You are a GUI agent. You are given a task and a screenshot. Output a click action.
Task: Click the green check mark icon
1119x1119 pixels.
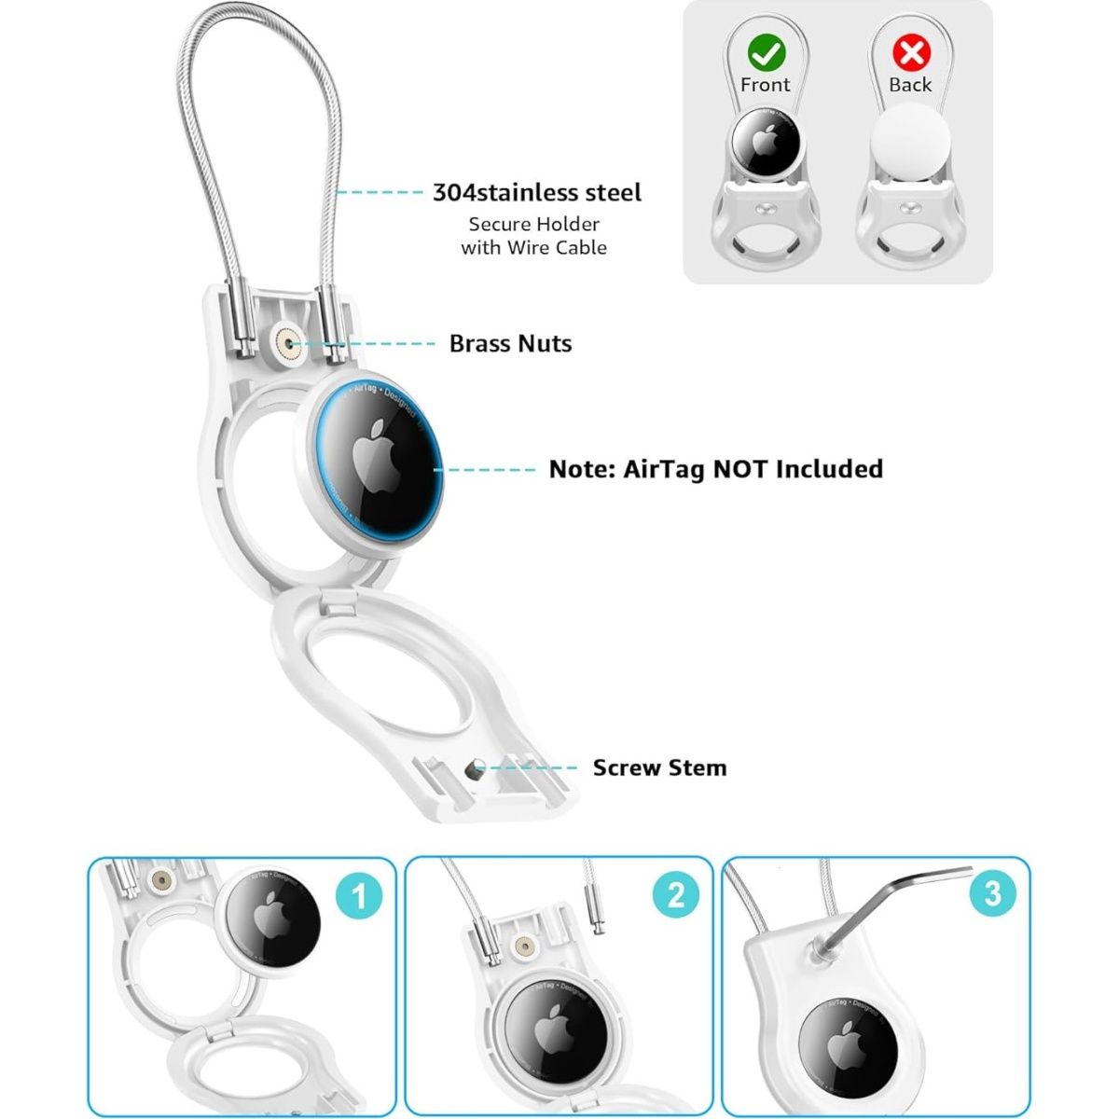point(766,53)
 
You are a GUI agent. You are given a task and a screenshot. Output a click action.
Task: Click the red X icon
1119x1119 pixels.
point(911,53)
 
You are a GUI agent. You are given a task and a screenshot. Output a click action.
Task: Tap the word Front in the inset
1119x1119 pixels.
point(765,86)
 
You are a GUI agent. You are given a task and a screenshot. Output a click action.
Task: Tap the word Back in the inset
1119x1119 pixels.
point(910,85)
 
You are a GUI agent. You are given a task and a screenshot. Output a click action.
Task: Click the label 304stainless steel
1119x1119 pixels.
point(537,193)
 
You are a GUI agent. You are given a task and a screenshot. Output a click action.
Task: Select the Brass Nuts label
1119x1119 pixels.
point(510,344)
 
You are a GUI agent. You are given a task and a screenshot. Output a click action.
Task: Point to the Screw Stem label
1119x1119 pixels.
point(659,767)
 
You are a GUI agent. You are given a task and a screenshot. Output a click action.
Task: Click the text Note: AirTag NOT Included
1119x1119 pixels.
point(716,469)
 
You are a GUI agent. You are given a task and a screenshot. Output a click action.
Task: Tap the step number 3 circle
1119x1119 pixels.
point(993,893)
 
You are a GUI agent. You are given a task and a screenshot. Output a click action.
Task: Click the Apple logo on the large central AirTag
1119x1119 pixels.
point(377,456)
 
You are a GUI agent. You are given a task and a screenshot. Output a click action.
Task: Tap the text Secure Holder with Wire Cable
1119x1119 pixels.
point(534,236)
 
